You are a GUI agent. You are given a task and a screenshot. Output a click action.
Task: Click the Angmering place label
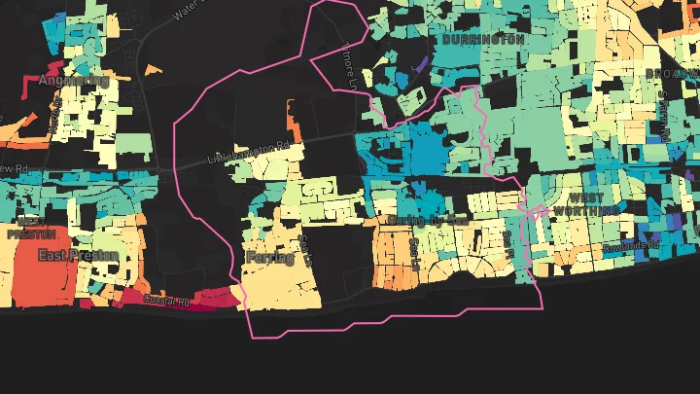coord(73,81)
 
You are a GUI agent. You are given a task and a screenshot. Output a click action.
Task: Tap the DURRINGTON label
coord(483,41)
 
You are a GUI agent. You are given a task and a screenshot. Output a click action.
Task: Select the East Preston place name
coord(78,256)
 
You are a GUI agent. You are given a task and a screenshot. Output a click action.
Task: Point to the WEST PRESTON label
coord(25,229)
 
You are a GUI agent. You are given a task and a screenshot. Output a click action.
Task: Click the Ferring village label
coord(270,258)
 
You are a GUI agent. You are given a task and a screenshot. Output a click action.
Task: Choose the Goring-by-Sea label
coord(429,221)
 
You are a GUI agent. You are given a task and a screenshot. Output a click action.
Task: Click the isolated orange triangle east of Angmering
coord(154,70)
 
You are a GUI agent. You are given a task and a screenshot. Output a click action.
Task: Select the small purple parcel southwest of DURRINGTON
coord(420,65)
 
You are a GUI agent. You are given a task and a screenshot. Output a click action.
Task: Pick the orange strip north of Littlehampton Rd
coord(292,119)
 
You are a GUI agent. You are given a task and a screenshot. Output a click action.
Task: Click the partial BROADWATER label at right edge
coord(673,73)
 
